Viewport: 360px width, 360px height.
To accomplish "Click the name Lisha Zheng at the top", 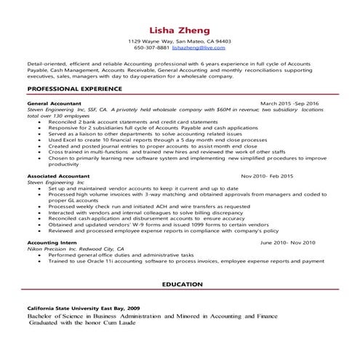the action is (179, 31).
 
